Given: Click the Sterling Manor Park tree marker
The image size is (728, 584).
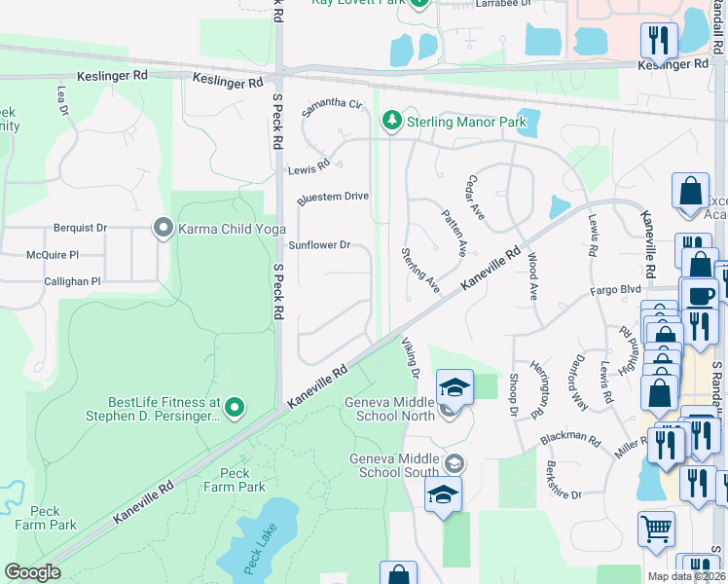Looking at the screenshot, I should click(x=391, y=121).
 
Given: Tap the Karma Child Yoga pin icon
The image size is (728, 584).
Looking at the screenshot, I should click(x=163, y=229).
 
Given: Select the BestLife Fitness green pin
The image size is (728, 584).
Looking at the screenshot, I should click(x=234, y=408).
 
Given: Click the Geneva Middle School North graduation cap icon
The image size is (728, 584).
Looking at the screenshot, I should click(x=455, y=387).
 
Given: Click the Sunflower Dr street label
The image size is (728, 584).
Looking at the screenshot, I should click(x=318, y=245).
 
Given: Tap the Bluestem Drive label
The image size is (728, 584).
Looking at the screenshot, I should click(x=333, y=197).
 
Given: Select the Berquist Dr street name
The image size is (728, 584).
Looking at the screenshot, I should click(x=80, y=228).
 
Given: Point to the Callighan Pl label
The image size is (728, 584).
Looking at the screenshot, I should click(x=72, y=281).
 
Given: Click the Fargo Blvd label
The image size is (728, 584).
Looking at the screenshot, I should click(x=616, y=290).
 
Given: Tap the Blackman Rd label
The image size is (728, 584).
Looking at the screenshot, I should click(x=572, y=437).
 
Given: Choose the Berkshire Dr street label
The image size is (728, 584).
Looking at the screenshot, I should click(x=564, y=480).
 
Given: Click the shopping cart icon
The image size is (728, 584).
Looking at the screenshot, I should click(x=657, y=529).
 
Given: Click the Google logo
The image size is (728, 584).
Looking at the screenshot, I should click(x=32, y=572).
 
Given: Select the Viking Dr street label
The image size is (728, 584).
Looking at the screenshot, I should click(x=410, y=357).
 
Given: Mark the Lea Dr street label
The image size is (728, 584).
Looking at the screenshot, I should click(x=63, y=100).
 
